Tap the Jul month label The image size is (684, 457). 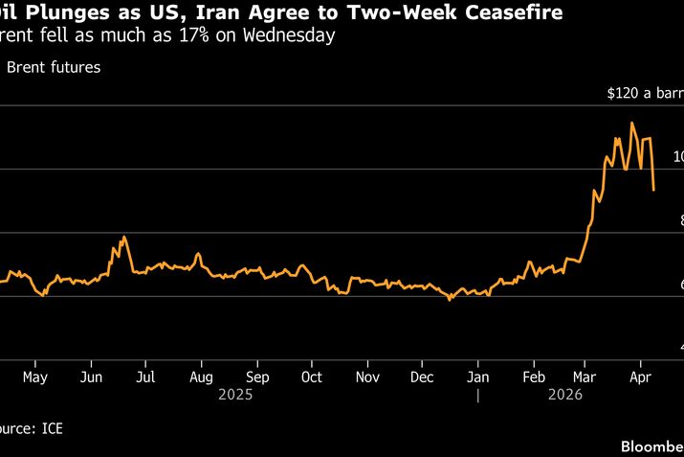click(144, 377)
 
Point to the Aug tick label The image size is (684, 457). click(201, 377)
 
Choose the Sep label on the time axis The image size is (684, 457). click(256, 377)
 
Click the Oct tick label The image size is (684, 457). click(311, 377)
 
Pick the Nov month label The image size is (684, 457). click(367, 377)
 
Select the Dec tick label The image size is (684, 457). click(422, 377)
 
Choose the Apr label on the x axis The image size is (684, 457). click(640, 377)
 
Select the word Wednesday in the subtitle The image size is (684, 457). click(288, 36)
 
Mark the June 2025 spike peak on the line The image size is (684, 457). click(124, 236)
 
